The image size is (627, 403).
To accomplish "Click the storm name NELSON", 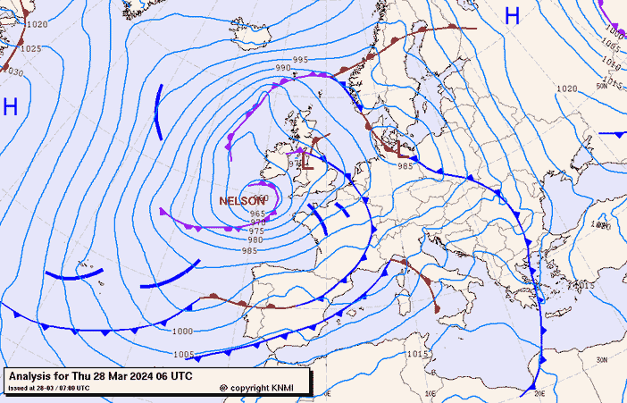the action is click(x=241, y=201).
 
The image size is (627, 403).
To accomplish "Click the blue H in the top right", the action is click(x=512, y=15).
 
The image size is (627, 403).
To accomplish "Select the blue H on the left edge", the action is click(x=11, y=107).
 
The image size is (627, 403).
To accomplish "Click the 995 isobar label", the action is click(x=300, y=59).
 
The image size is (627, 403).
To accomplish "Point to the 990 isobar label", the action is click(x=282, y=68).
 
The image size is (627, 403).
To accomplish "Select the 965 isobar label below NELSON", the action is click(x=257, y=214).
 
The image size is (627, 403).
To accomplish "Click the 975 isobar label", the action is click(x=256, y=231).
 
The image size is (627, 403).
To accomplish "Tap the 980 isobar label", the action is click(x=255, y=240).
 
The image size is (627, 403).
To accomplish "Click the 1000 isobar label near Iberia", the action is click(x=181, y=332).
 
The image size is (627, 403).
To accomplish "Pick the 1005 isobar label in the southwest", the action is click(x=182, y=355).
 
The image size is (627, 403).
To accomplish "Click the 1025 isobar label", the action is click(x=31, y=48).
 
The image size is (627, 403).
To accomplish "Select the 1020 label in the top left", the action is click(x=36, y=24).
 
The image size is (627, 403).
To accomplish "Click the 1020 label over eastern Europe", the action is click(x=565, y=88).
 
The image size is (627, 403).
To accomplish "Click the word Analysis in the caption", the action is click(x=33, y=375).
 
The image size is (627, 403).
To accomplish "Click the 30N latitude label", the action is click(x=602, y=359).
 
